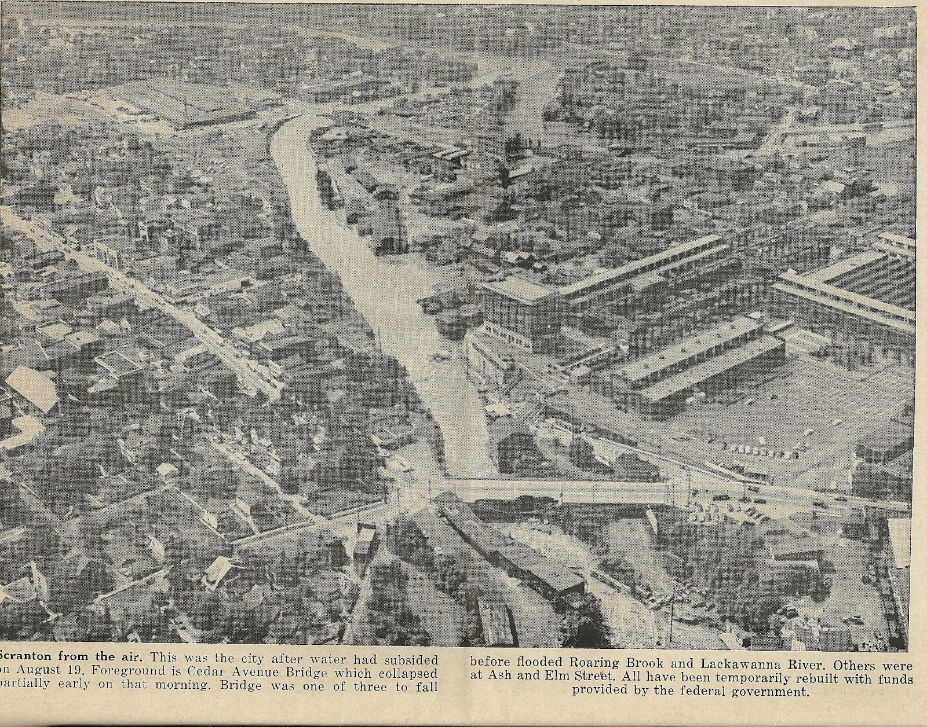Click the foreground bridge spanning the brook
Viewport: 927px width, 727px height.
coord(556,491)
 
